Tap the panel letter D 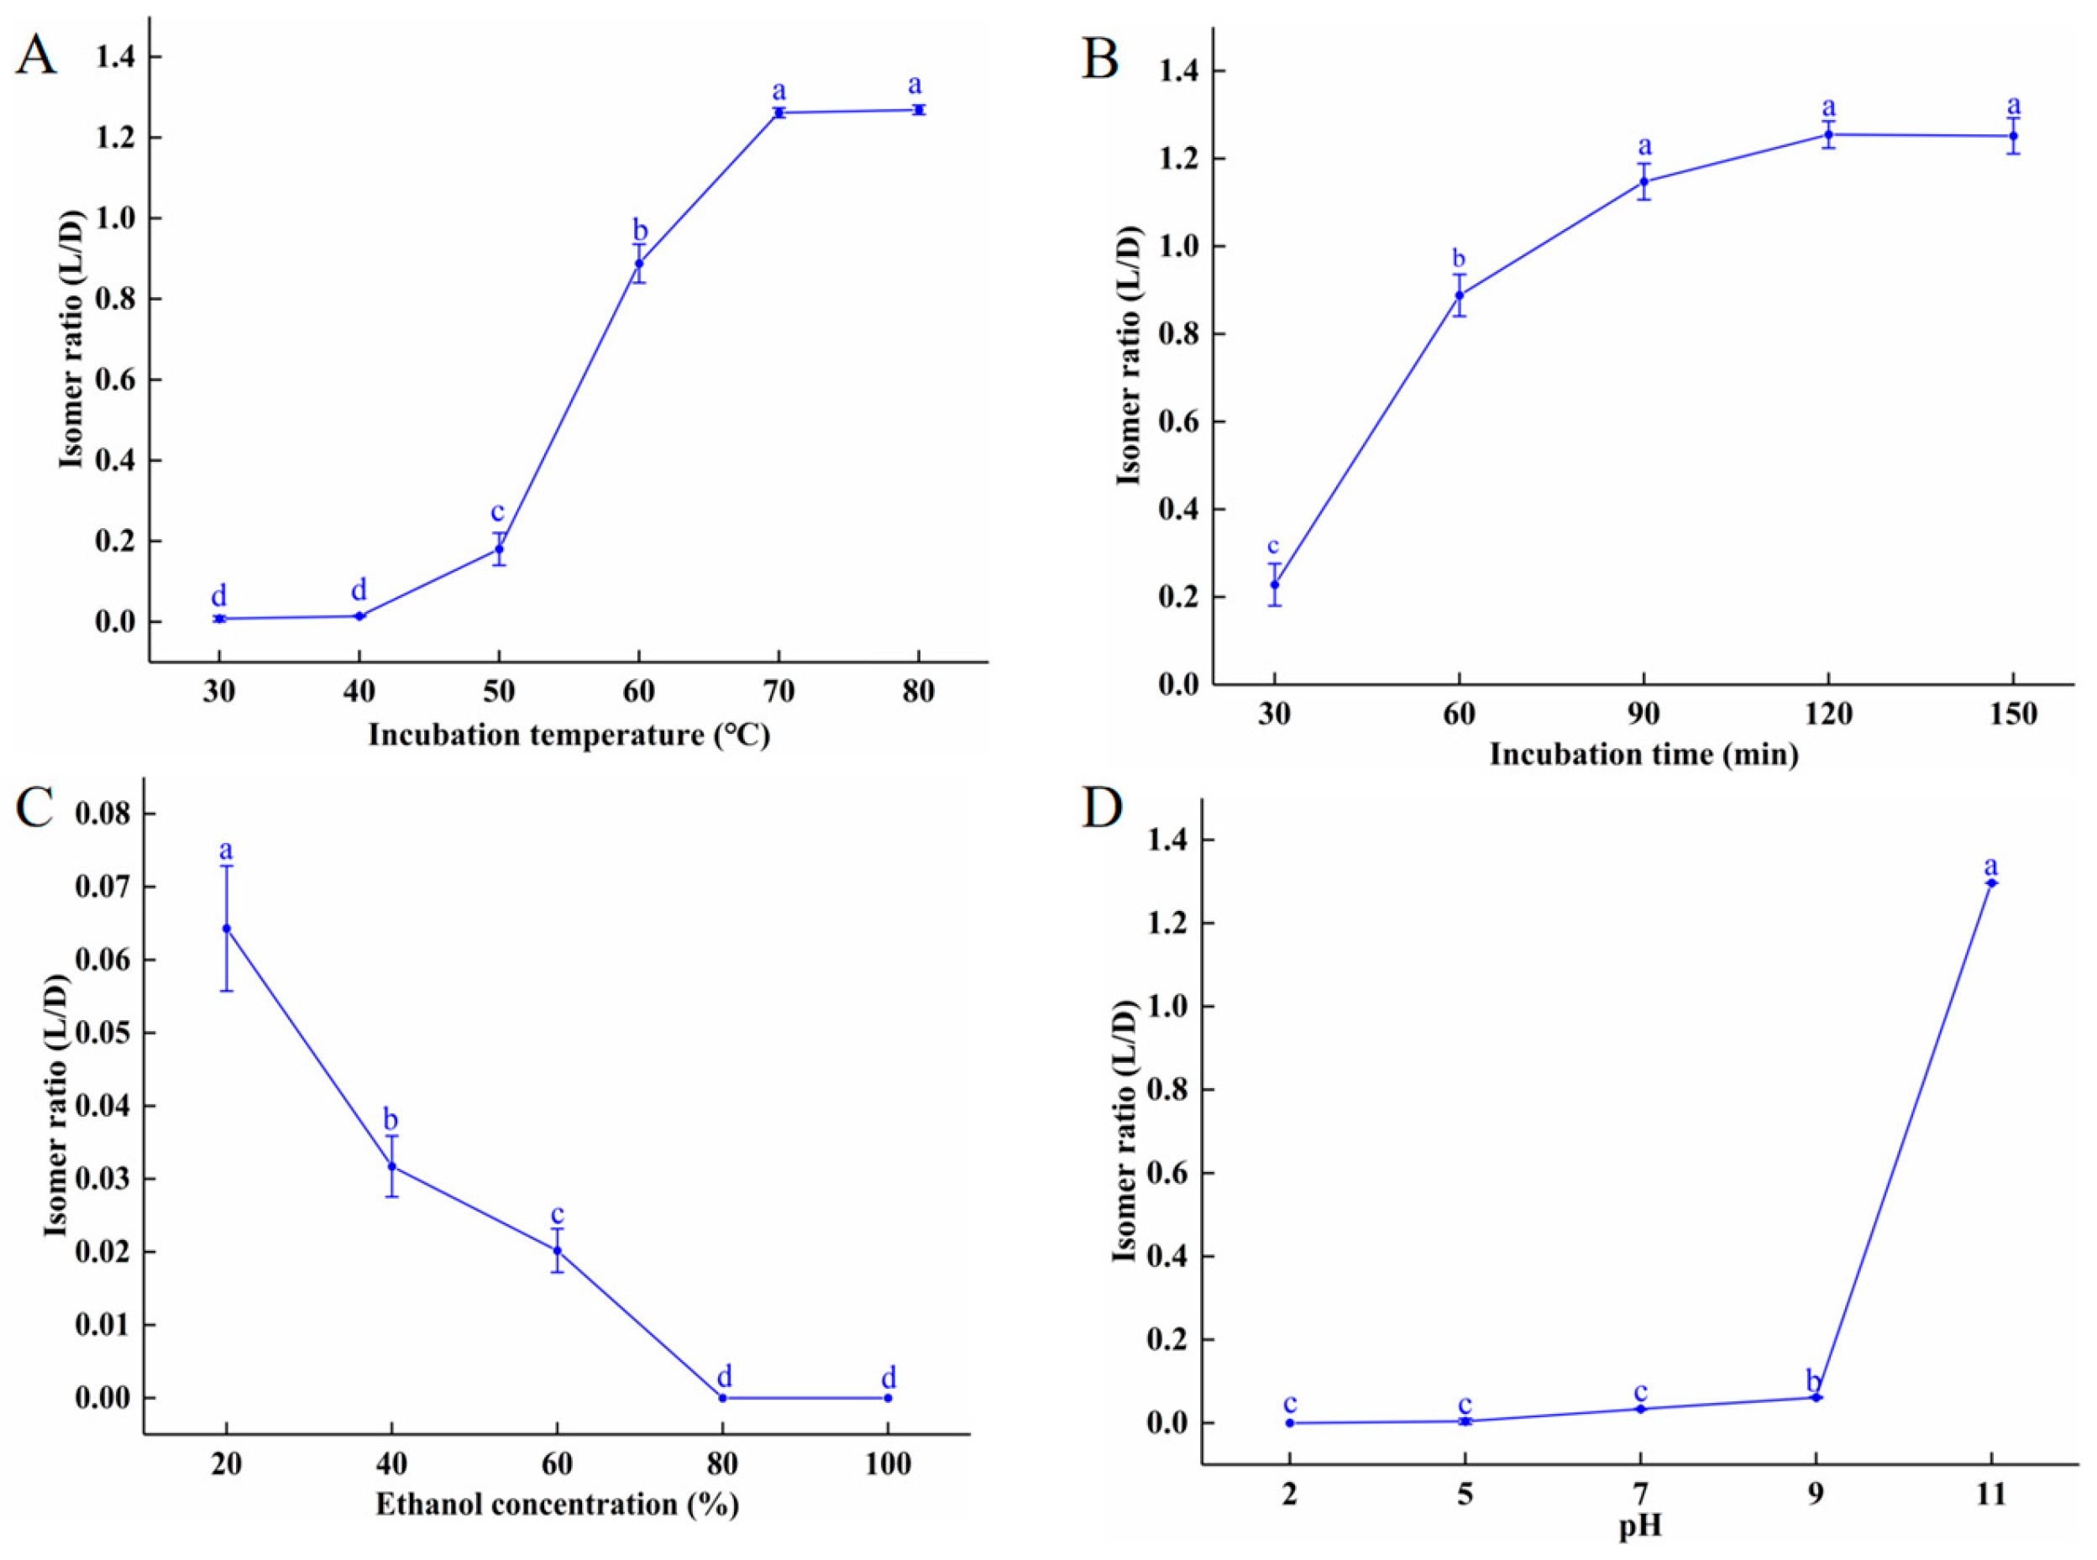tap(1101, 809)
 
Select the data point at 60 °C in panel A tap(638, 264)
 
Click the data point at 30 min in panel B tap(1274, 584)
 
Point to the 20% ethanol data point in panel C tap(227, 929)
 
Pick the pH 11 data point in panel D tap(1991, 883)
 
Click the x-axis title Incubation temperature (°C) tap(569, 735)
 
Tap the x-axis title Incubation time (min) tap(1644, 755)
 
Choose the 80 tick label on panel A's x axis tap(918, 692)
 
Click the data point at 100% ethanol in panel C tap(888, 1398)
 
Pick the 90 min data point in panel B tap(1644, 181)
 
